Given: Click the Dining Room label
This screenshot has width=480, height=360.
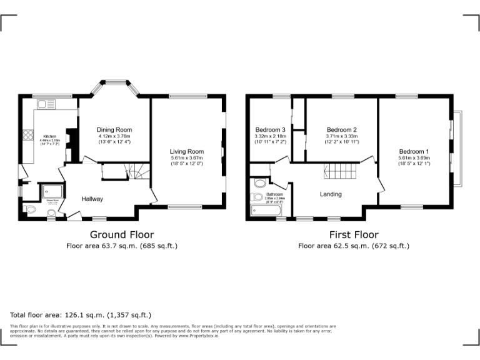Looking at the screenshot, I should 115,130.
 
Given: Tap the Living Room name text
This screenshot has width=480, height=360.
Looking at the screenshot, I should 187,151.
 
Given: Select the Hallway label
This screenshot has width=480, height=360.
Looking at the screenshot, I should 92,199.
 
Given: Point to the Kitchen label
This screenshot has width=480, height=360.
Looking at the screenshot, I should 49,137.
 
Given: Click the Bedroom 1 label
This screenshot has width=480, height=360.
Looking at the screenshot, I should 414,151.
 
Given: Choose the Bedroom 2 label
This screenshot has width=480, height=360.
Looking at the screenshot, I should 341,130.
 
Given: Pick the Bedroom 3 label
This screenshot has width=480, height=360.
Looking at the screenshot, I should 270,130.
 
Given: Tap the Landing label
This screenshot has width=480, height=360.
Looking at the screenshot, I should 331,194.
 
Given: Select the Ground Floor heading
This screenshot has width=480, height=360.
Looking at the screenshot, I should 122,234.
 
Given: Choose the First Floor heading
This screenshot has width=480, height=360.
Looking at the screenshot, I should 354,234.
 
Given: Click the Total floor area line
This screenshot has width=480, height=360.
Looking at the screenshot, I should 81,314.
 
